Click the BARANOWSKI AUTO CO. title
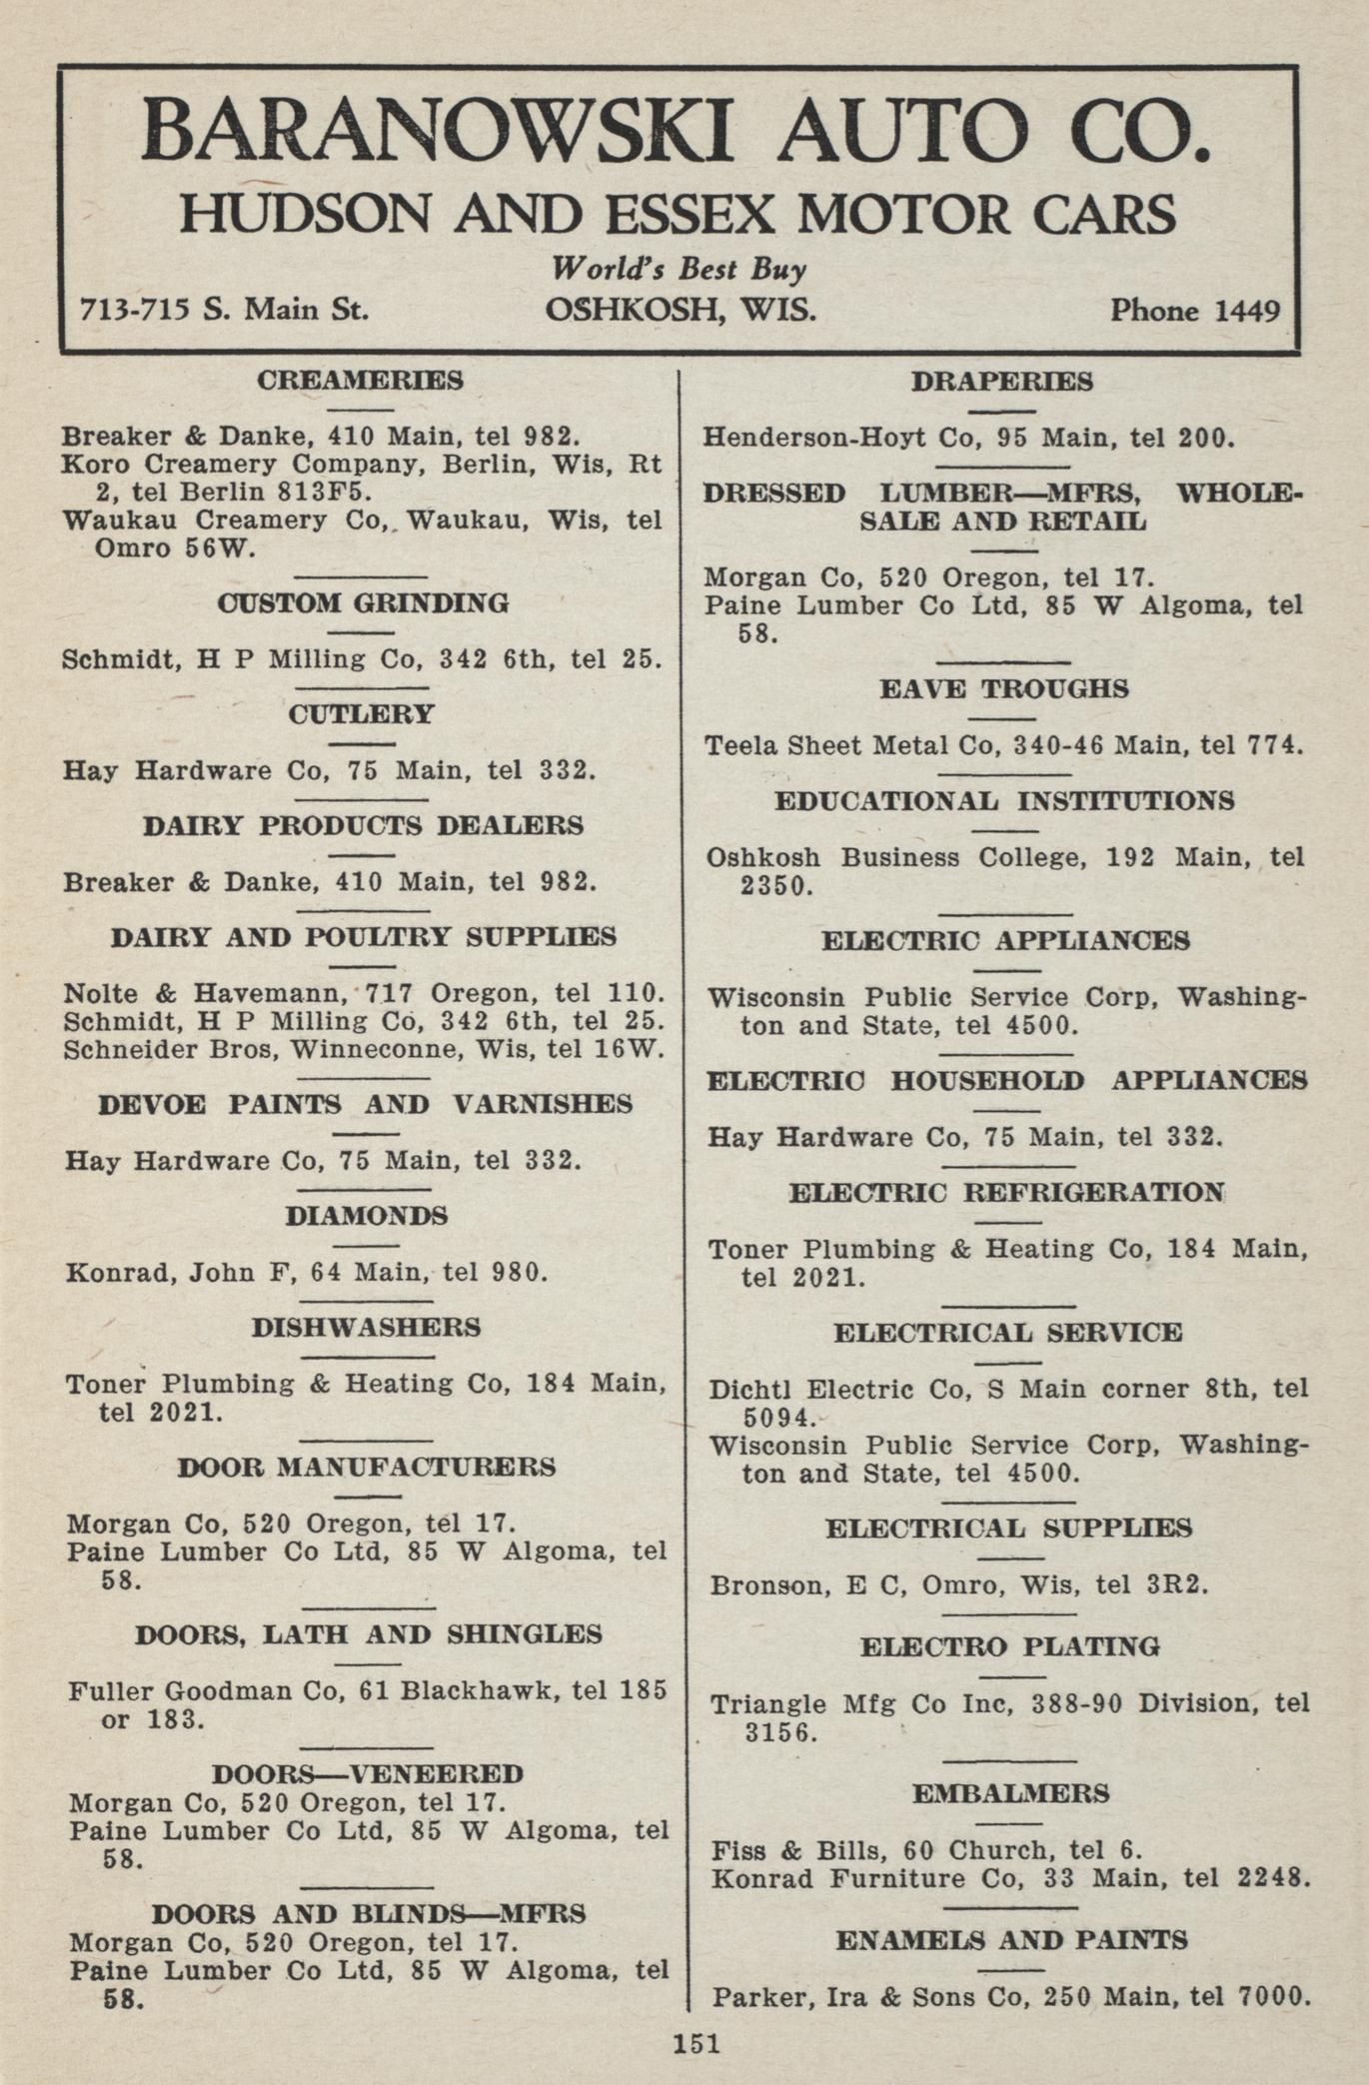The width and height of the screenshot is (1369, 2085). (x=678, y=132)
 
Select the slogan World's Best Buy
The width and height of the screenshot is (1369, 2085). (x=680, y=269)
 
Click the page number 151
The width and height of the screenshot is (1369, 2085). (x=695, y=2042)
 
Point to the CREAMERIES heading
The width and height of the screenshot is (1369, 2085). (x=360, y=381)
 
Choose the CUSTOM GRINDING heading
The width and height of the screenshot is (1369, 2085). (x=363, y=603)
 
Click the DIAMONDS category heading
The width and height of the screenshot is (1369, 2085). (x=366, y=1216)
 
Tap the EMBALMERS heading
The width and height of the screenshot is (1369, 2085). (x=1010, y=1793)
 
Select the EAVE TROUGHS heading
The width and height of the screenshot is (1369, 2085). (x=1004, y=689)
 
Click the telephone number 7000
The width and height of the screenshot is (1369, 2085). (x=1272, y=1997)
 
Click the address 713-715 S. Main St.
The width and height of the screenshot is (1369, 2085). (x=224, y=310)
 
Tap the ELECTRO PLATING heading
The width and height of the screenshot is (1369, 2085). (x=1010, y=1646)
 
